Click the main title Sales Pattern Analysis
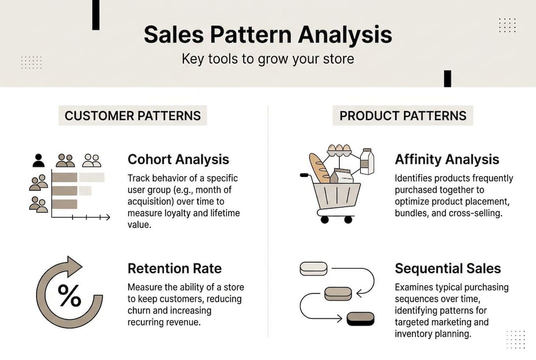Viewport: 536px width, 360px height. point(268,35)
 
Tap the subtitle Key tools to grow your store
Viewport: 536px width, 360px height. point(268,59)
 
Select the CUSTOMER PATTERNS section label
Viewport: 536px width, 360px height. point(133,116)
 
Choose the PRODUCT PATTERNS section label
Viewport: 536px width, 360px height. point(403,116)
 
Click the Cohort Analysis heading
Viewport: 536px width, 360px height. point(178,159)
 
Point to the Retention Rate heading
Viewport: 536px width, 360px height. point(174,268)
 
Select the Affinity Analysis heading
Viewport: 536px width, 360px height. point(447,159)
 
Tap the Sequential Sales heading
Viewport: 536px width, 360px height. point(448,268)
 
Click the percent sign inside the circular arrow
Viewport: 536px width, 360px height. point(69,295)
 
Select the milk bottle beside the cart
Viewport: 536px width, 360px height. point(367,161)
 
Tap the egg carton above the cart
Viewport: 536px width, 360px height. point(339,149)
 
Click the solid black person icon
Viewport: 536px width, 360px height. point(38,160)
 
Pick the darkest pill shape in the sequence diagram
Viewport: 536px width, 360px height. point(360,318)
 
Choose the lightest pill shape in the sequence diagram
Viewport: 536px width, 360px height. point(313,268)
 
